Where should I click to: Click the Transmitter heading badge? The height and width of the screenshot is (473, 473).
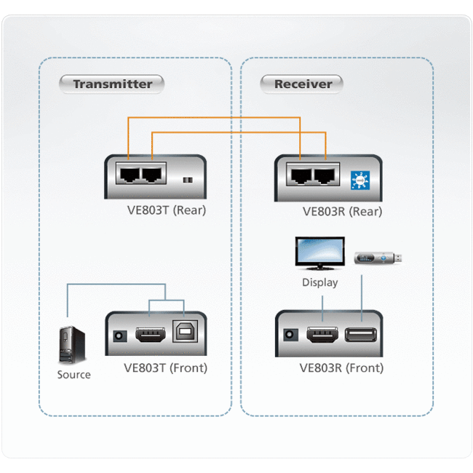point(113,84)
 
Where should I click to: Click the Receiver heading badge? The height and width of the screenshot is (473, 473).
point(302,84)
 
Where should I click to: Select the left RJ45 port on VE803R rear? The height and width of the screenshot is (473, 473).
point(300,177)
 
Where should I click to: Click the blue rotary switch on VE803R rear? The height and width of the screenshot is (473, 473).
point(358,179)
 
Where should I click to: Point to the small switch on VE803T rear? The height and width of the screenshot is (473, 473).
point(188,180)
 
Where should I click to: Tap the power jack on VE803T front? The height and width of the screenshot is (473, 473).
point(119,336)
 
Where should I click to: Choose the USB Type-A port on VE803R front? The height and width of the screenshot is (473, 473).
point(361,335)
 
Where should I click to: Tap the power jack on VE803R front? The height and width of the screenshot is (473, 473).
point(291,336)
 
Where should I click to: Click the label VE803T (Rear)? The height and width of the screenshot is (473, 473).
point(165,211)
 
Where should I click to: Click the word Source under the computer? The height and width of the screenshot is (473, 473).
point(73,375)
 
